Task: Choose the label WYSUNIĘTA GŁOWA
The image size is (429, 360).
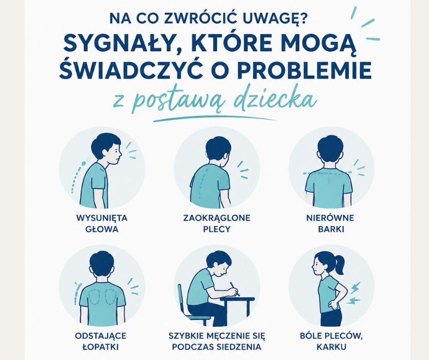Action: point(102,223)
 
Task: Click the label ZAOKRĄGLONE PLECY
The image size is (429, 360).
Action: point(217,223)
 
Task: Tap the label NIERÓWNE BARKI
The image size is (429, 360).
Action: point(330,223)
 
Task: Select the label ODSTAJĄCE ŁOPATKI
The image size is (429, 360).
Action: point(100,341)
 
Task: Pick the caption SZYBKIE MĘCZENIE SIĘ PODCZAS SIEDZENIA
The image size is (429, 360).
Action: point(217,341)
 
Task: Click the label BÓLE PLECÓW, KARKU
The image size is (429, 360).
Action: point(331,341)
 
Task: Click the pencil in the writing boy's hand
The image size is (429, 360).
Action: point(235,289)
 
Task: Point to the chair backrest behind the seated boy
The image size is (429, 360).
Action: point(181,299)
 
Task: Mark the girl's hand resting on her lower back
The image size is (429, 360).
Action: point(332,304)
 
